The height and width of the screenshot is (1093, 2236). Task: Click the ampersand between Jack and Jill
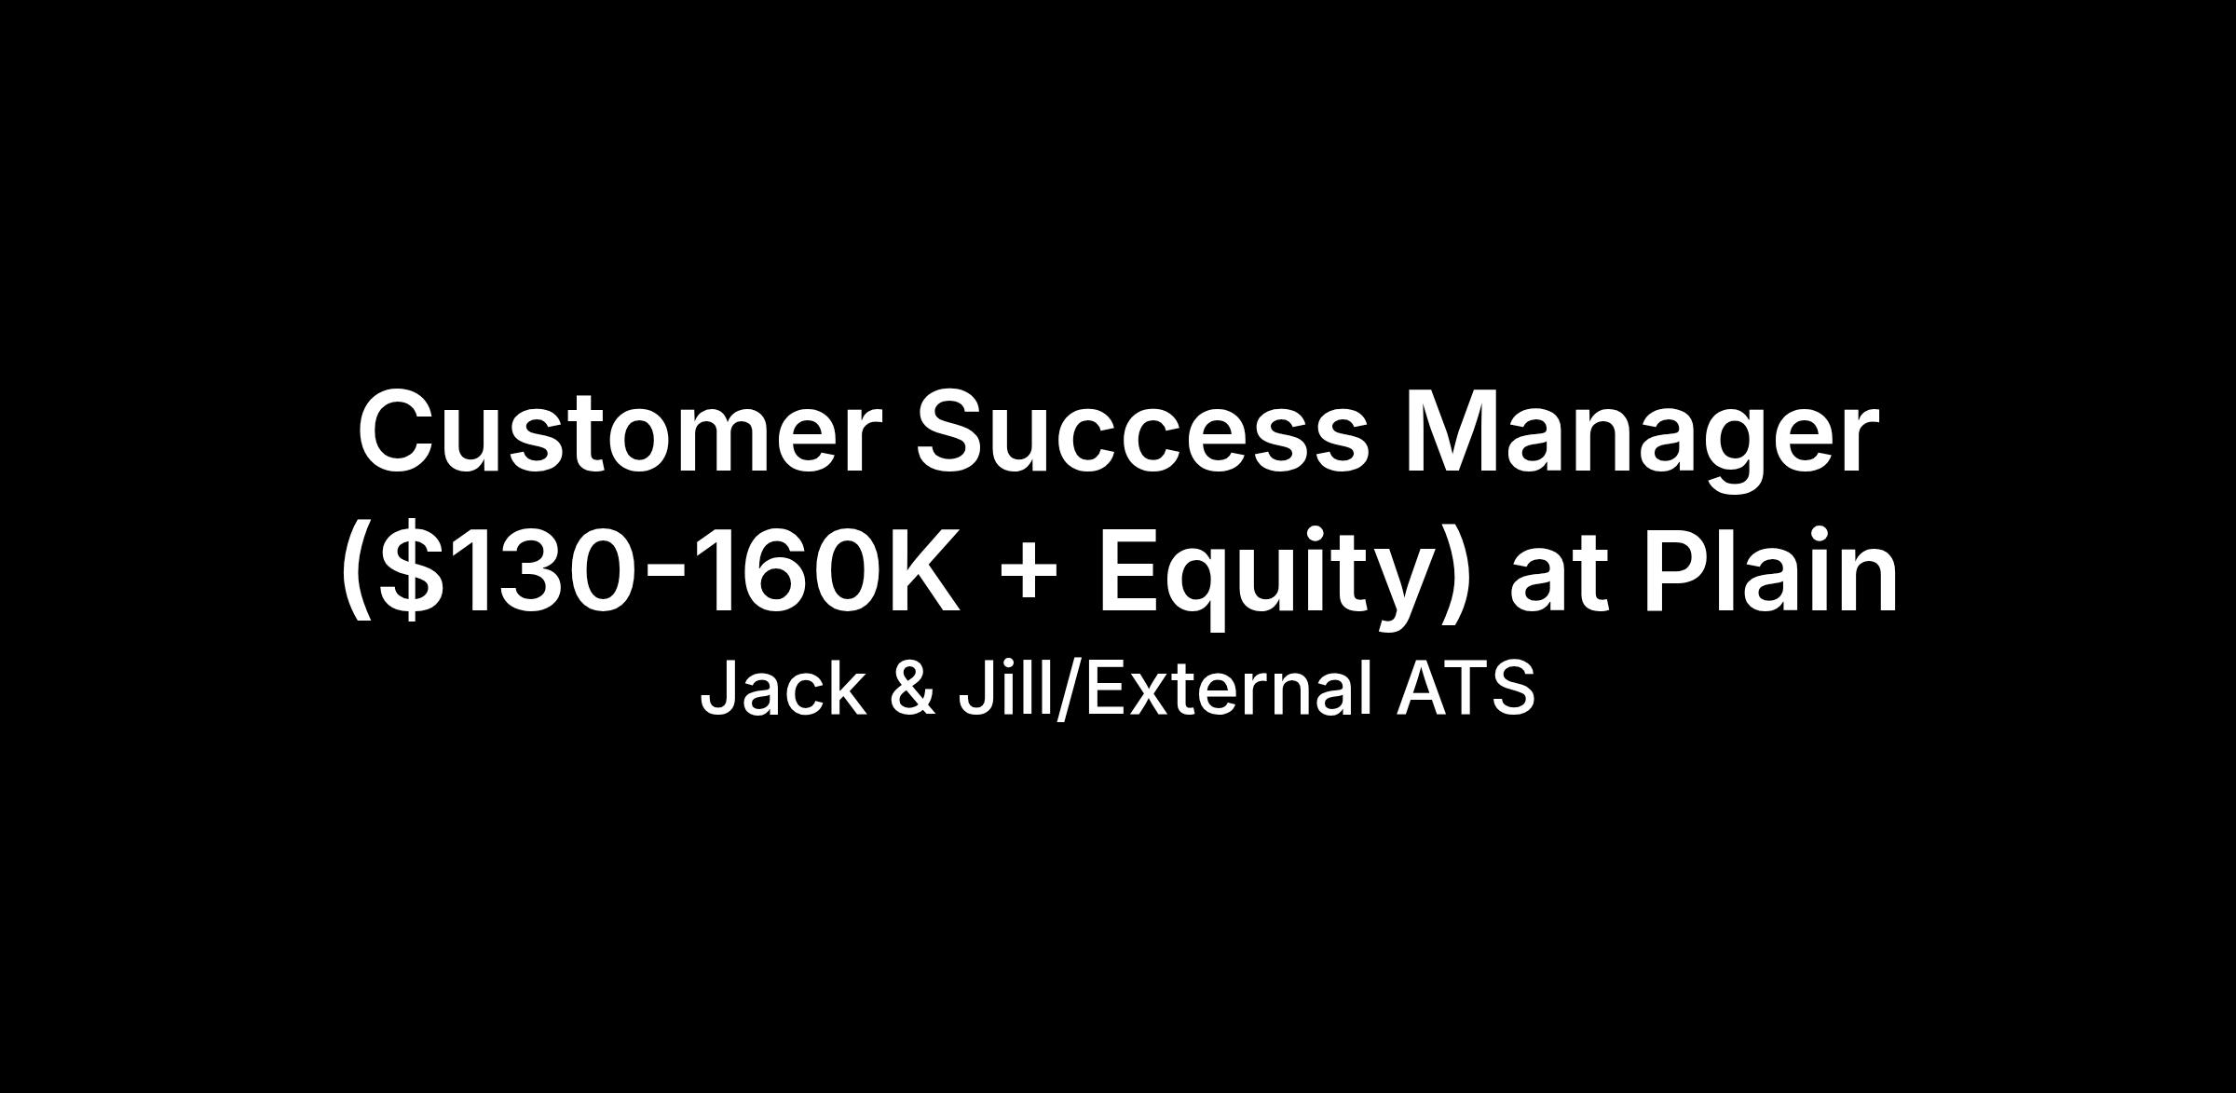912,689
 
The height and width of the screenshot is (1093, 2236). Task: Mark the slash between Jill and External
1068,690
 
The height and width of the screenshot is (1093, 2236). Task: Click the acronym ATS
1465,689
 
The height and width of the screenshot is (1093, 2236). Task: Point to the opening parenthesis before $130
355,573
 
